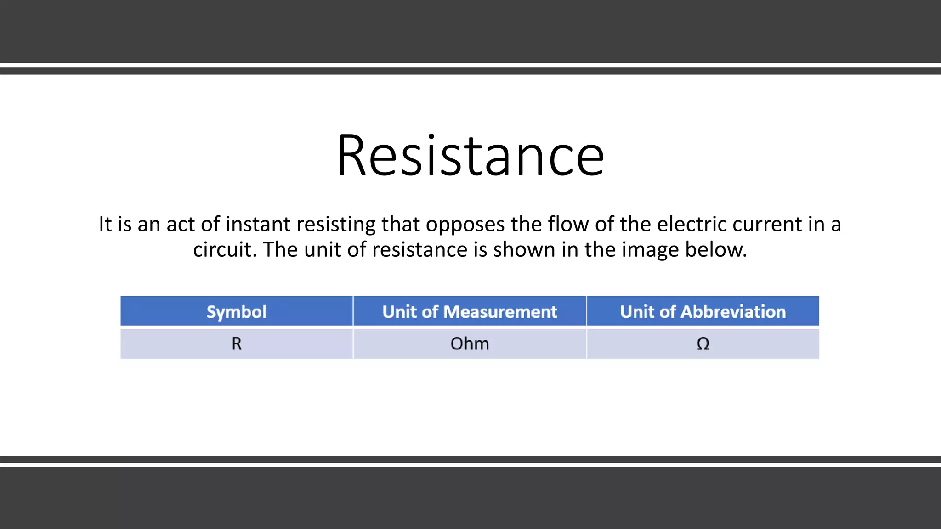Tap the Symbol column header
[x=236, y=312]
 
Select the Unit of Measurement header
[x=470, y=312]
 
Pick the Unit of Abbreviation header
[x=703, y=312]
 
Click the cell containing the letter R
[x=236, y=343]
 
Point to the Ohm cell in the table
[x=470, y=343]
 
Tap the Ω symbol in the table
[x=703, y=343]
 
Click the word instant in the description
[x=258, y=225]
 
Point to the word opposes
[x=465, y=225]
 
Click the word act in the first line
[x=180, y=225]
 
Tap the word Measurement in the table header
[x=500, y=312]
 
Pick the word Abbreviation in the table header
[x=733, y=312]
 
